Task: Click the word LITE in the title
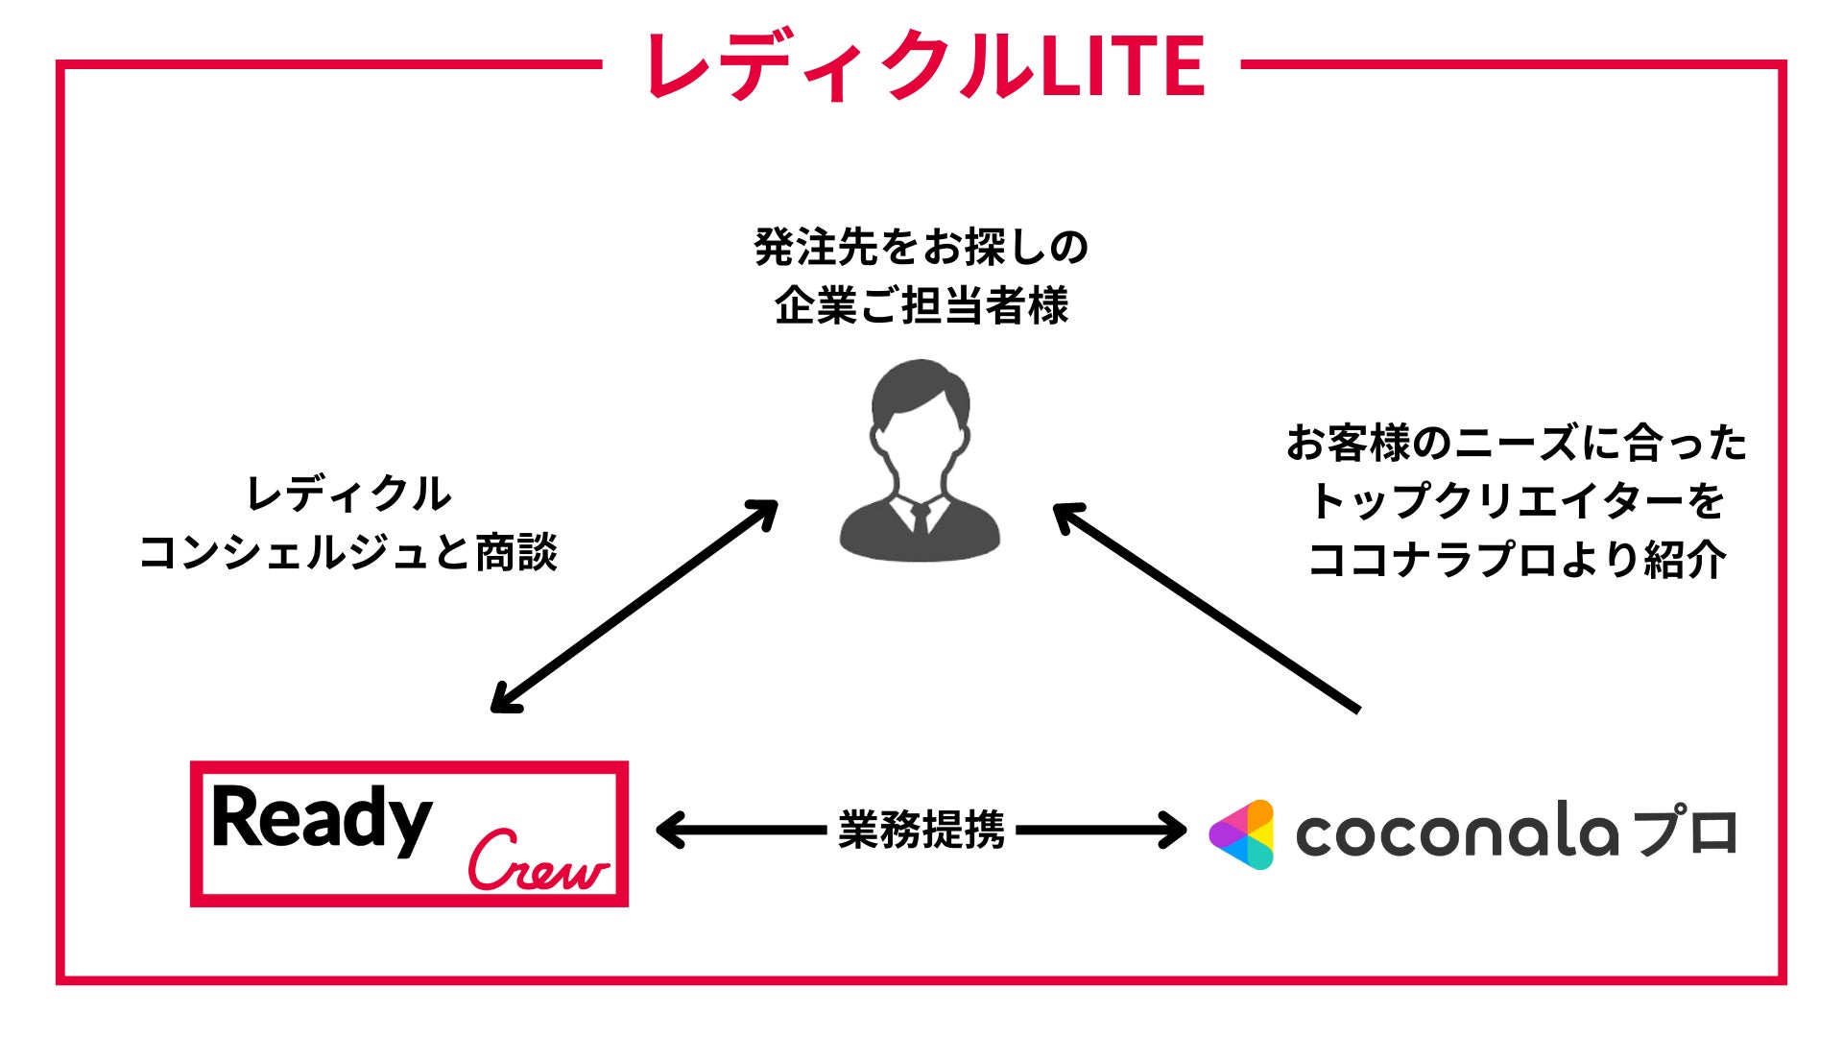click(1122, 65)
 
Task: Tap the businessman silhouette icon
click(920, 461)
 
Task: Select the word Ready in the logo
click(322, 819)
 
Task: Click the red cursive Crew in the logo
click(538, 860)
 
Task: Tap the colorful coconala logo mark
click(1242, 833)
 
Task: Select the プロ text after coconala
click(1687, 832)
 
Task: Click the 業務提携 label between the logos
click(921, 830)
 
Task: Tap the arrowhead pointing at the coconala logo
click(1175, 831)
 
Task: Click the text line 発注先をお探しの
click(921, 247)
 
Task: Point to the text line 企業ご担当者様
click(921, 305)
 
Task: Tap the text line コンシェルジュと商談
click(347, 553)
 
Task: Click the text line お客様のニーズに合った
click(1517, 444)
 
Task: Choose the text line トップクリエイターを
click(1517, 501)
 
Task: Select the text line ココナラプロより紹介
click(1517, 560)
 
